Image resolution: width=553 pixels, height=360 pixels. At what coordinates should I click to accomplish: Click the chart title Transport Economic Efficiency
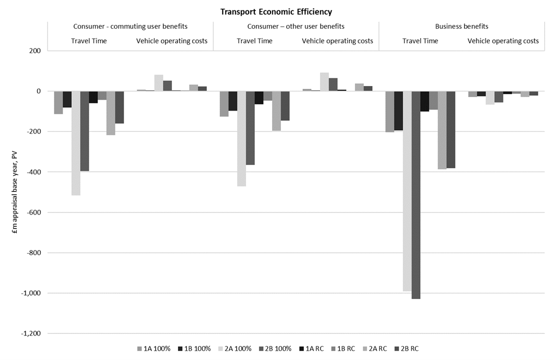(x=276, y=11)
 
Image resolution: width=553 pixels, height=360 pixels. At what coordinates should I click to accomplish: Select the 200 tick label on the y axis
(x=35, y=51)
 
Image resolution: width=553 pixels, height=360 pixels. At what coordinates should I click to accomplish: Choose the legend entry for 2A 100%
(x=235, y=348)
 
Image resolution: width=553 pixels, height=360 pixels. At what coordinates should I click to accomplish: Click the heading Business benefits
(x=462, y=26)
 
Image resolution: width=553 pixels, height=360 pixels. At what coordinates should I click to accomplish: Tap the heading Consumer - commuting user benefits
(x=130, y=26)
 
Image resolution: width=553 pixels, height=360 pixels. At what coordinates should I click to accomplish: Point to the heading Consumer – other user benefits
(x=296, y=26)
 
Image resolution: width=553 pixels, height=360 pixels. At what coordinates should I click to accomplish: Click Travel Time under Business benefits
(x=420, y=41)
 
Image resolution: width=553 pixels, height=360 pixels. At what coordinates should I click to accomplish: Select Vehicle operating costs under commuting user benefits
(x=171, y=41)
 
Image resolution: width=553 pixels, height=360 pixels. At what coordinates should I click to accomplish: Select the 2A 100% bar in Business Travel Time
(x=407, y=191)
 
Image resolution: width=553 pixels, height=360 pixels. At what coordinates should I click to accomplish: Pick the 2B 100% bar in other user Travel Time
(x=250, y=128)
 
